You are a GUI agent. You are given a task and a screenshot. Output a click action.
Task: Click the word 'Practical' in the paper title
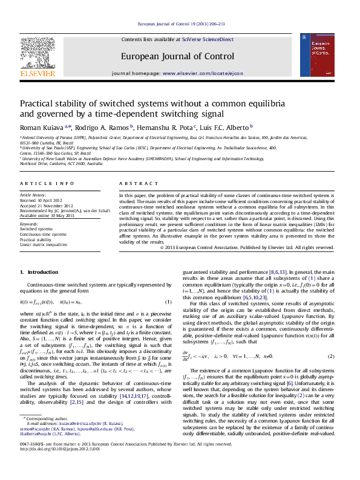pos(38,103)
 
